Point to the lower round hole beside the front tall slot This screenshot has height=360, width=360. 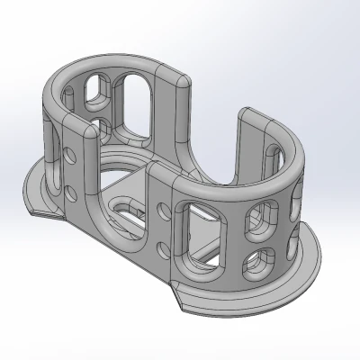pos(165,247)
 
